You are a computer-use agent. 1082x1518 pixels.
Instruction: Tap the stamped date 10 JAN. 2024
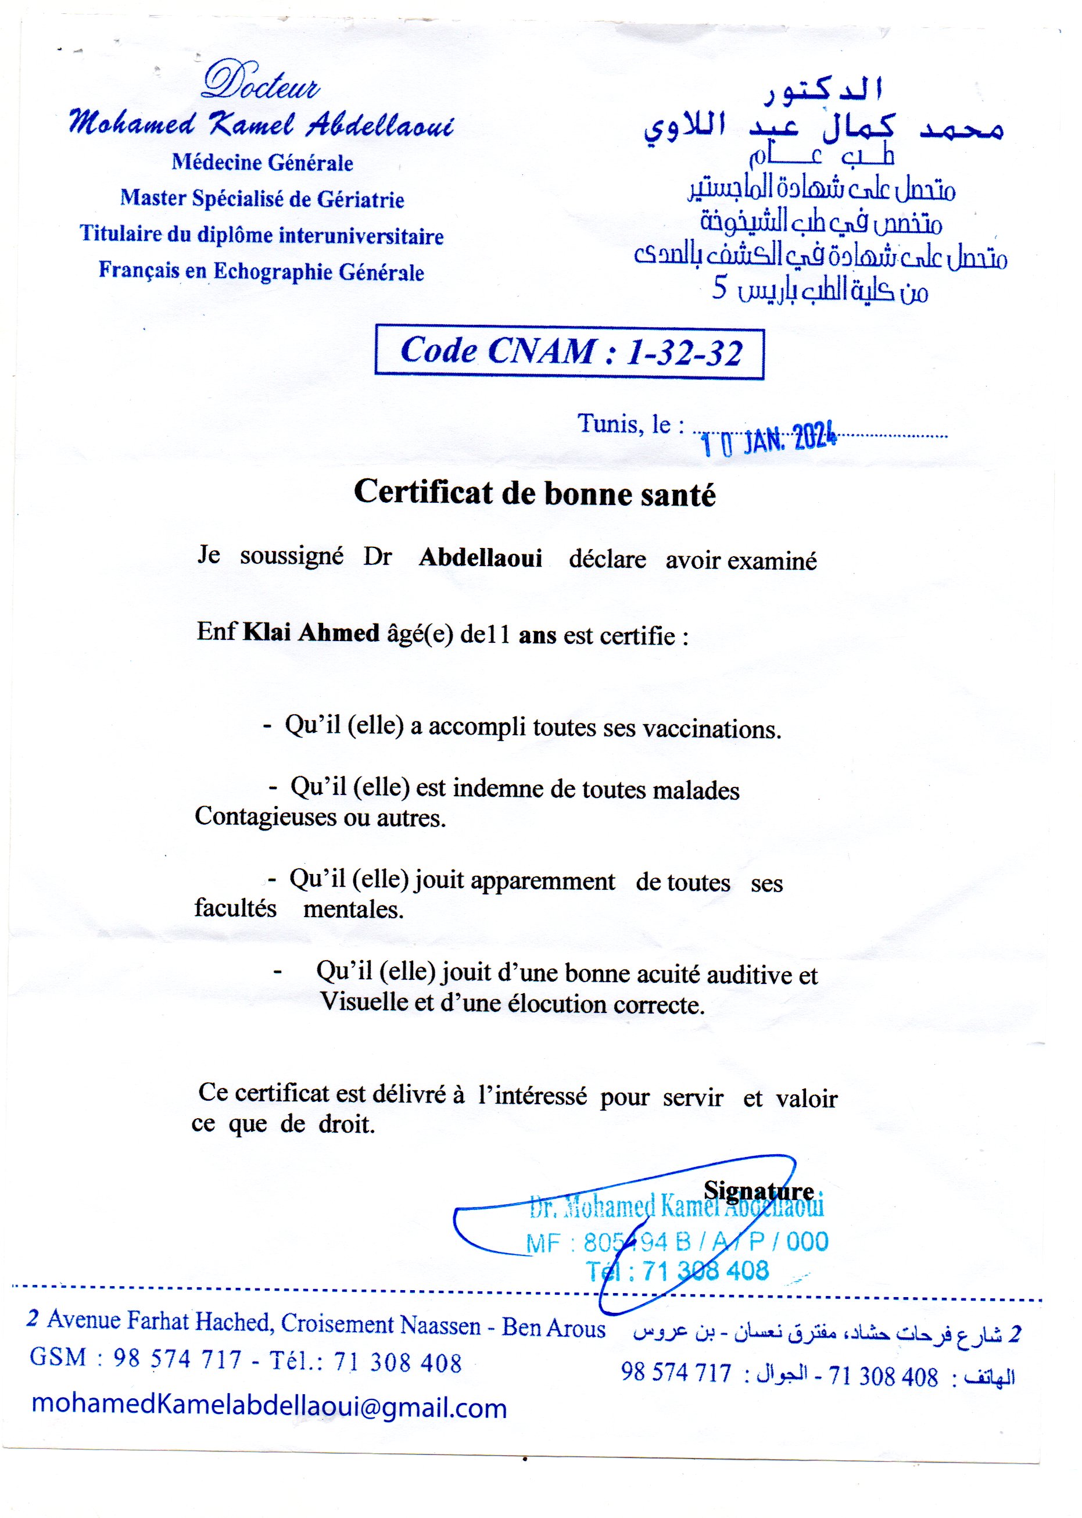[769, 441]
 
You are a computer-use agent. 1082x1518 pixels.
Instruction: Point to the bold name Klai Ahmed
[311, 632]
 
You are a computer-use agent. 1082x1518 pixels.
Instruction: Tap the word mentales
[353, 909]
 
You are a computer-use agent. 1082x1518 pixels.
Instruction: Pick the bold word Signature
[759, 1190]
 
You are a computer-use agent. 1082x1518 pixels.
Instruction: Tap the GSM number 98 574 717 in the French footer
[177, 1358]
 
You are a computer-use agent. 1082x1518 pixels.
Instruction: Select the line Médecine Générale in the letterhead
[263, 163]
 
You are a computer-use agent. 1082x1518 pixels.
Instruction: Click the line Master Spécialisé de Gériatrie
[263, 199]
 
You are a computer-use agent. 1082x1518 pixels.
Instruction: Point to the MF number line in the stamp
[677, 1241]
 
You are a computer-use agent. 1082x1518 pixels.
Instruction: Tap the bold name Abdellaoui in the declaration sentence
[481, 557]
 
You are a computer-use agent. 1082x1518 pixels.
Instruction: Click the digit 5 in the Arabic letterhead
[719, 289]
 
